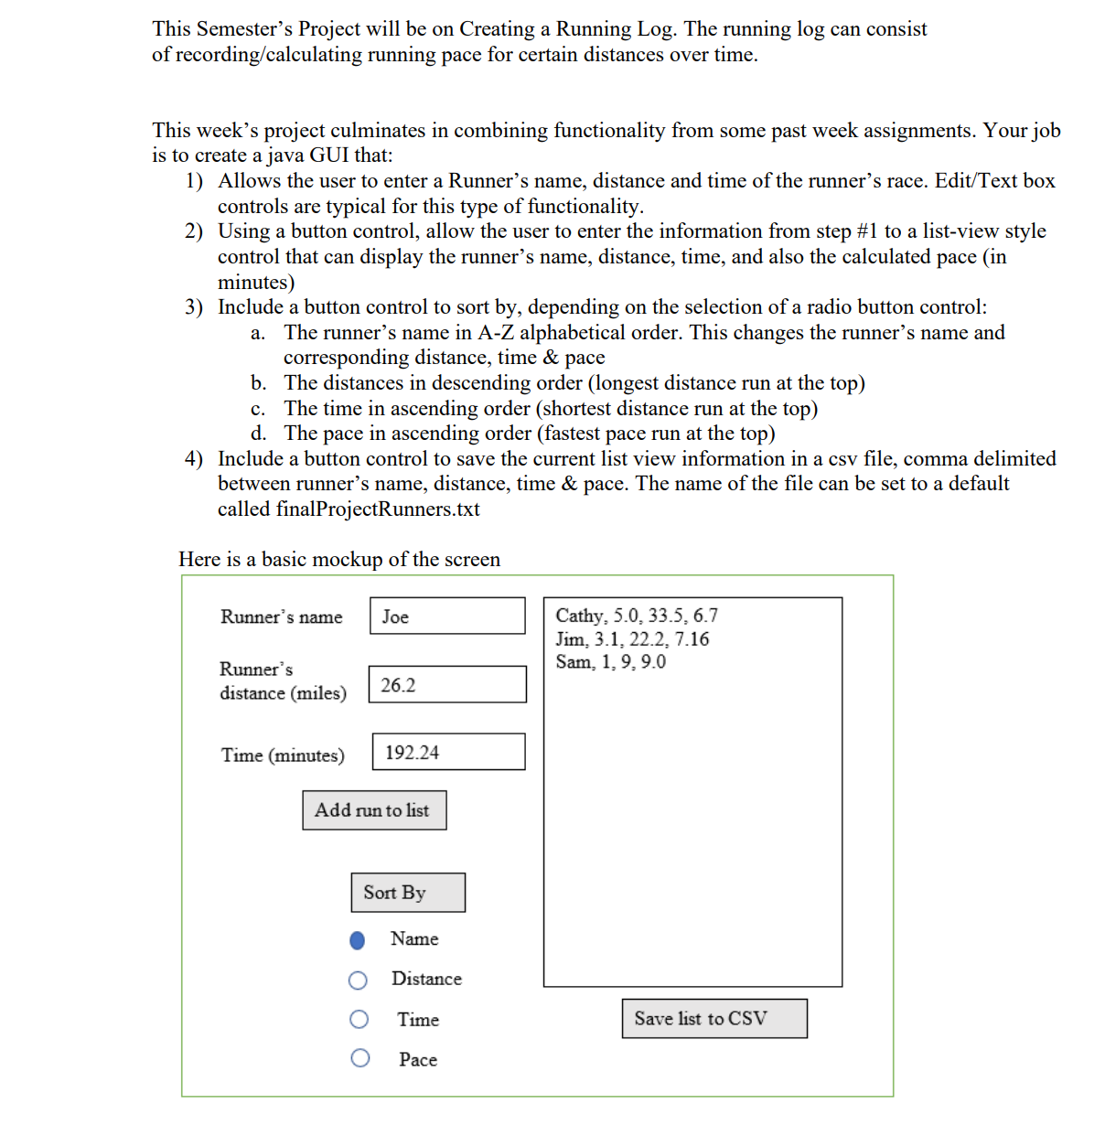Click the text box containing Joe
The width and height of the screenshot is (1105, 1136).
pyautogui.click(x=447, y=616)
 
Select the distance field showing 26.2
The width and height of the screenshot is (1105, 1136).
pyautogui.click(x=447, y=684)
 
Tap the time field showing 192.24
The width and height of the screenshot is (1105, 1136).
pyautogui.click(x=448, y=752)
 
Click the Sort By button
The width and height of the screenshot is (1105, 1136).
pyautogui.click(x=408, y=893)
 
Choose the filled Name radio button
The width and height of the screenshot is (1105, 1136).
pyautogui.click(x=358, y=940)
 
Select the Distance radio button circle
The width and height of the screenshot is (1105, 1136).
pyautogui.click(x=359, y=981)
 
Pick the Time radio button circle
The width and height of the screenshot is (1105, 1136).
pyautogui.click(x=359, y=1019)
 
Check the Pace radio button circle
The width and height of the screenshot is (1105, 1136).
pyautogui.click(x=360, y=1058)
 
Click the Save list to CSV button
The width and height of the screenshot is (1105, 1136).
pyautogui.click(x=714, y=1019)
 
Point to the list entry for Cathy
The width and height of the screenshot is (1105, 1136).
pyautogui.click(x=637, y=616)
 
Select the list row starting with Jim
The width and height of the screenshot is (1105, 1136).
pyautogui.click(x=632, y=639)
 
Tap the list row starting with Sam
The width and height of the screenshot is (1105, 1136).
pyautogui.click(x=610, y=662)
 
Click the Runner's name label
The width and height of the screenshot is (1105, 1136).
pyautogui.click(x=281, y=617)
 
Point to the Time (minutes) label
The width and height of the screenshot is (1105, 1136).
pyautogui.click(x=283, y=756)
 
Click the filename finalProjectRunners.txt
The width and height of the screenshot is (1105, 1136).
pyautogui.click(x=378, y=509)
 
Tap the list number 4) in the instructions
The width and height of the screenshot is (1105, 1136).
pyautogui.click(x=194, y=459)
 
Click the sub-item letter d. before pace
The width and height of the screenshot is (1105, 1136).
pyautogui.click(x=259, y=434)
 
